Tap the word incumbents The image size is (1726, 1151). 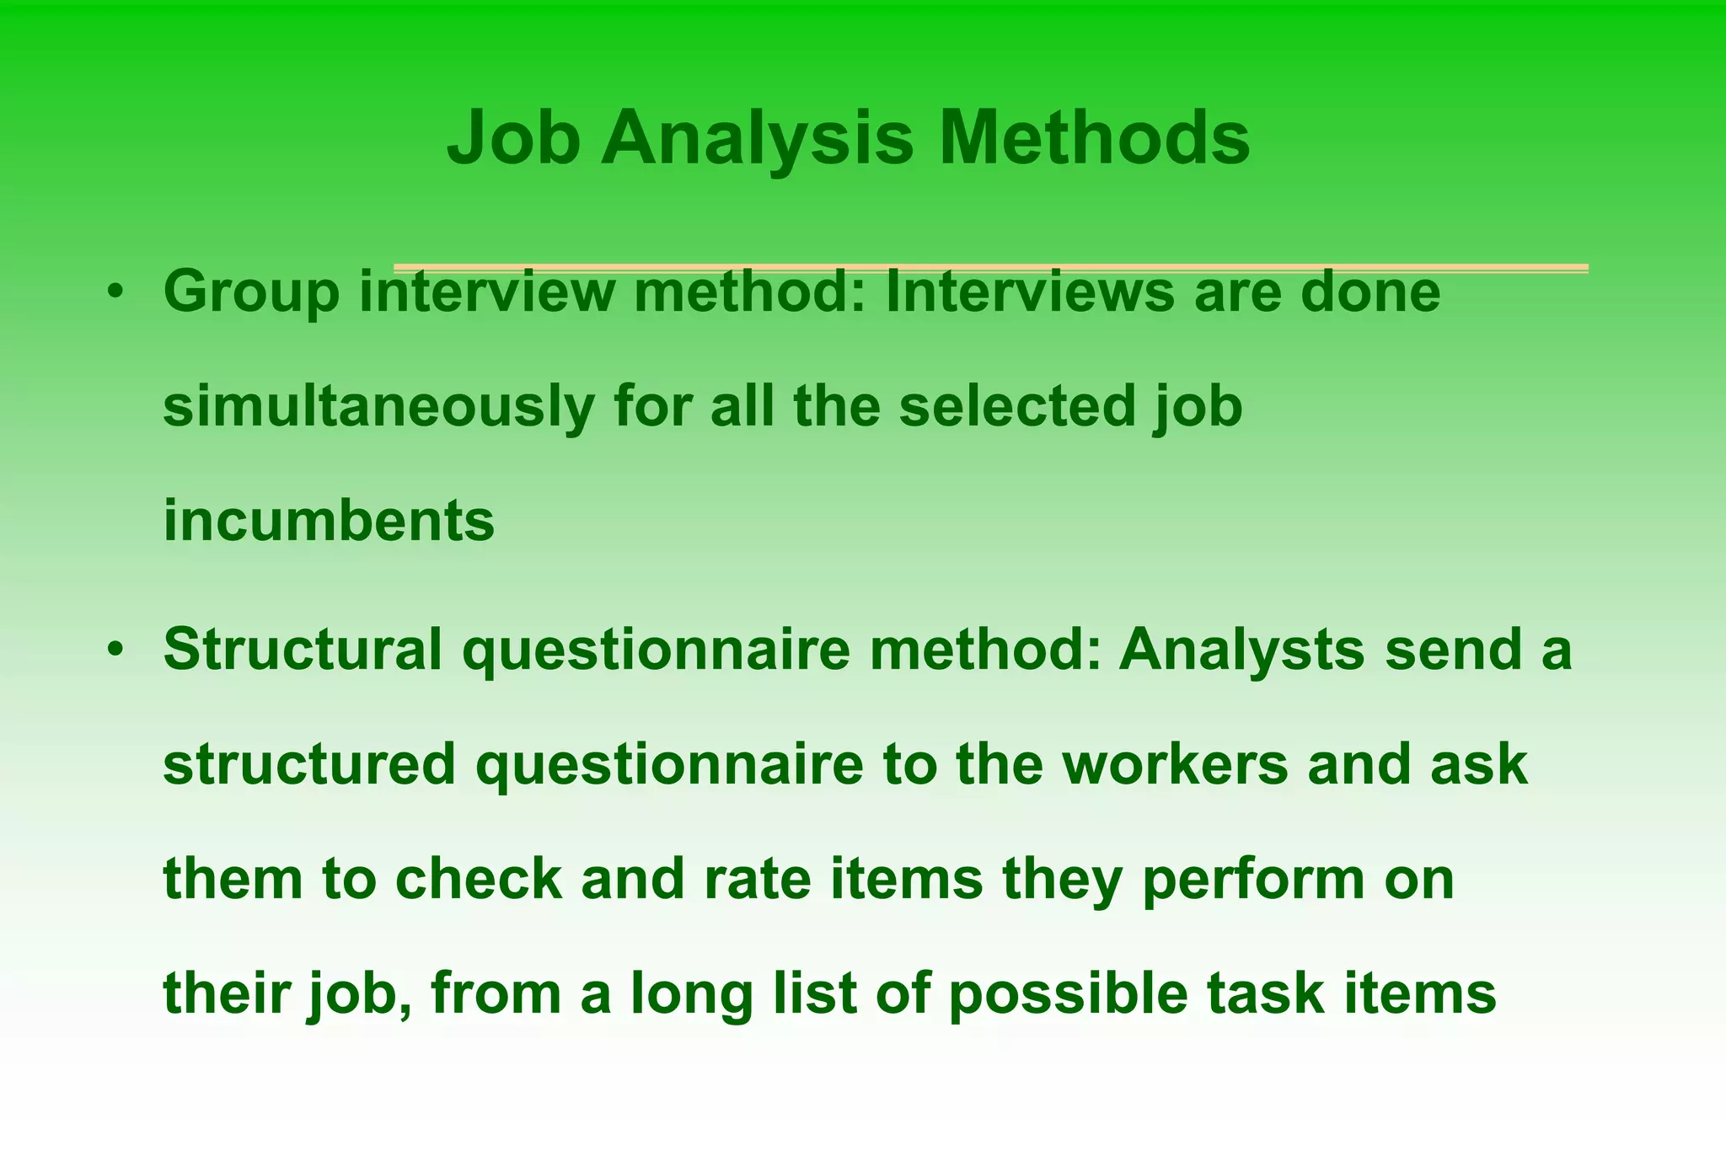point(329,522)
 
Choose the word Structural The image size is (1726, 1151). point(303,650)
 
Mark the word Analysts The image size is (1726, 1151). point(1241,650)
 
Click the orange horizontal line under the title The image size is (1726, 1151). point(990,268)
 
